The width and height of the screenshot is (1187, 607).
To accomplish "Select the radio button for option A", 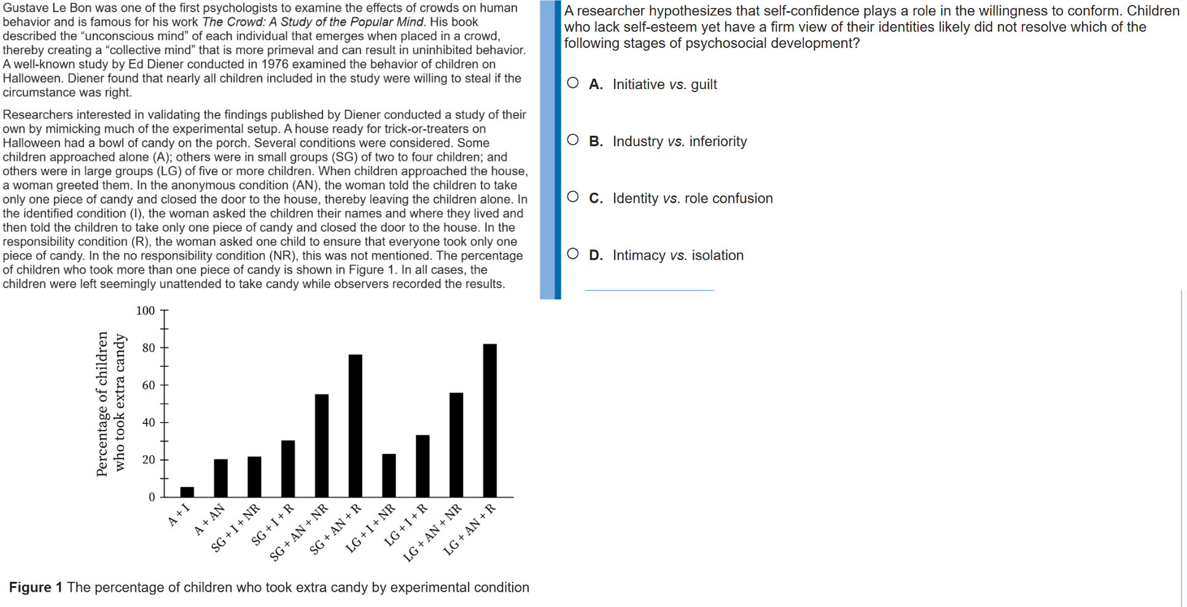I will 572,83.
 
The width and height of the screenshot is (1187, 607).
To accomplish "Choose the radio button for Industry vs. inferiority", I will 572,140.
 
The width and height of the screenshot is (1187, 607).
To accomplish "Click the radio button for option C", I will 572,197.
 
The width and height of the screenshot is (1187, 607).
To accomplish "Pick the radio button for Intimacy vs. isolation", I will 572,254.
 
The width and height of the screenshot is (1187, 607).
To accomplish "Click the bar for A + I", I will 187,492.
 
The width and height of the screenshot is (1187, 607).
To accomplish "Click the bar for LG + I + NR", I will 389,476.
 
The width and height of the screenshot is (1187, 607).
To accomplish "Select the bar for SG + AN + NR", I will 322,445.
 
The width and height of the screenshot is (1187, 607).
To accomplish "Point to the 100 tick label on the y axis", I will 146,311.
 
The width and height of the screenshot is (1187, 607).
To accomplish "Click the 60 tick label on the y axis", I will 149,385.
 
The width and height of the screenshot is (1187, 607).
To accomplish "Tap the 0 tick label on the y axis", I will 152,497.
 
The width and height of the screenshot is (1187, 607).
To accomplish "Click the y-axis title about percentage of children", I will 111,404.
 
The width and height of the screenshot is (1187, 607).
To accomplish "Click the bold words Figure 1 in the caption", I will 36,587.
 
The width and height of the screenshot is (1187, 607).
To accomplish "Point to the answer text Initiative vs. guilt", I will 664,84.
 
